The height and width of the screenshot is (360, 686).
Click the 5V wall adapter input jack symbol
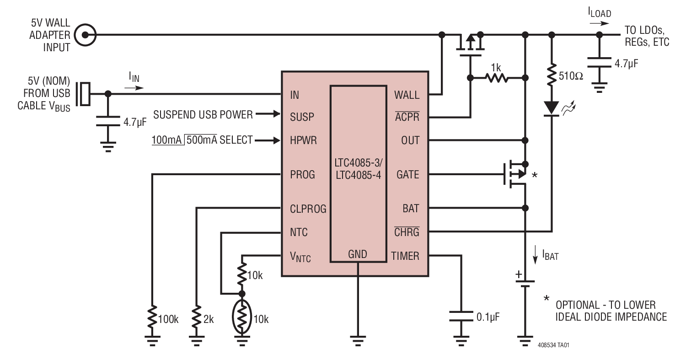85,35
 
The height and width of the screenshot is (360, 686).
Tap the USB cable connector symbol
84,94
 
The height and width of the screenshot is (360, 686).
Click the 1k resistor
497,78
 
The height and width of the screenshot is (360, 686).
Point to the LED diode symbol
552,108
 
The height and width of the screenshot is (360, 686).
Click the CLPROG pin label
308,209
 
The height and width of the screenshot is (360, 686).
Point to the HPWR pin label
302,140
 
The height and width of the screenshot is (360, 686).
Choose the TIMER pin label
405,256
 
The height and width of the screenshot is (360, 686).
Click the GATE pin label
408,175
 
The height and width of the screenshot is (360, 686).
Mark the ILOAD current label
599,13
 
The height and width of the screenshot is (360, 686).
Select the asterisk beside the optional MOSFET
535,176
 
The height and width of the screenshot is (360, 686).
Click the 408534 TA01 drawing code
553,345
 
